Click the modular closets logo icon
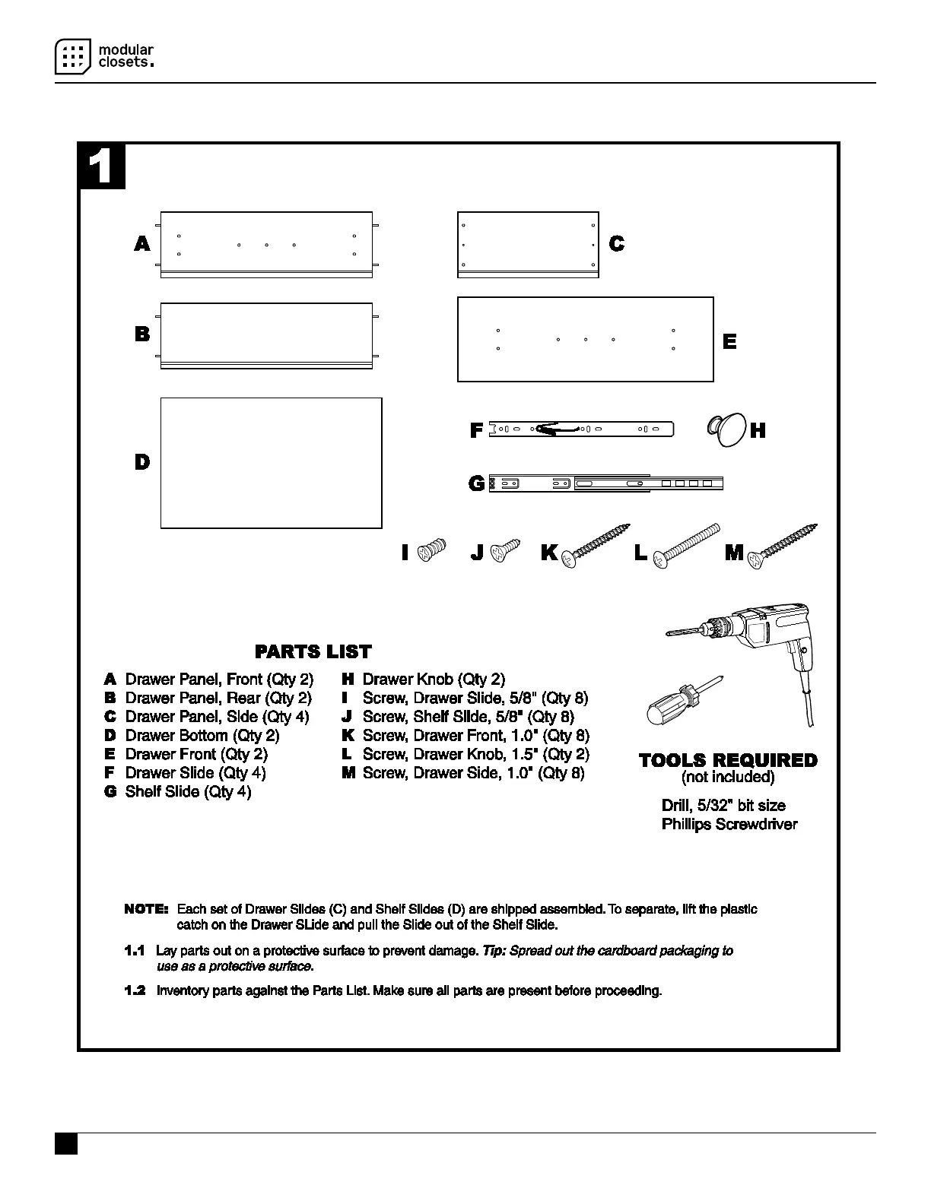(72, 56)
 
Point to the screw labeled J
(504, 550)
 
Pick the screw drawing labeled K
(596, 545)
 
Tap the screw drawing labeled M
(783, 545)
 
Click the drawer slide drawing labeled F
(581, 429)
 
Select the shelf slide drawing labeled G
(605, 483)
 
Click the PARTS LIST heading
(313, 651)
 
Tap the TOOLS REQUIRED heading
(728, 760)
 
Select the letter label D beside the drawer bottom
(142, 462)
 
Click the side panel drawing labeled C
(528, 244)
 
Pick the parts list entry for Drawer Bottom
(202, 736)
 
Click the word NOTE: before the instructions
(146, 909)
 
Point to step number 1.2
(135, 991)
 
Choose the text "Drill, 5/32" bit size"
(723, 806)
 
